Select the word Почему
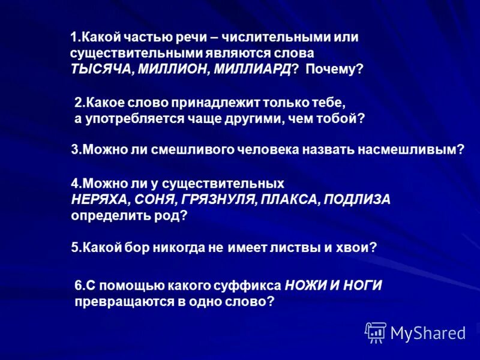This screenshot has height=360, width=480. pos(332,69)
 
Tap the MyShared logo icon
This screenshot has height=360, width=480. pos(376,332)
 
